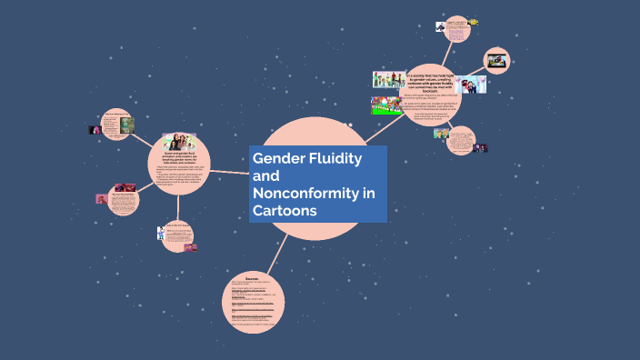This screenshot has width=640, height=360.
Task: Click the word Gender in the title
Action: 278,158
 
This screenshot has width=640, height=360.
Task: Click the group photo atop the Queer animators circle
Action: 179,143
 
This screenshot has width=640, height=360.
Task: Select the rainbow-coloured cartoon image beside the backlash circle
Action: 385,104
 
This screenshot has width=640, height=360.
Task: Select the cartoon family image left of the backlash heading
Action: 389,79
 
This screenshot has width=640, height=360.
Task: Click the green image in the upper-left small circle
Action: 126,125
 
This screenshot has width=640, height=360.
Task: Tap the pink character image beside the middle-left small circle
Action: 101,199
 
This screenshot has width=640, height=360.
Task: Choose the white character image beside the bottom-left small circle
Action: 163,234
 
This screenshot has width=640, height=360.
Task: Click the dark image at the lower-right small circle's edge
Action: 480,148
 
